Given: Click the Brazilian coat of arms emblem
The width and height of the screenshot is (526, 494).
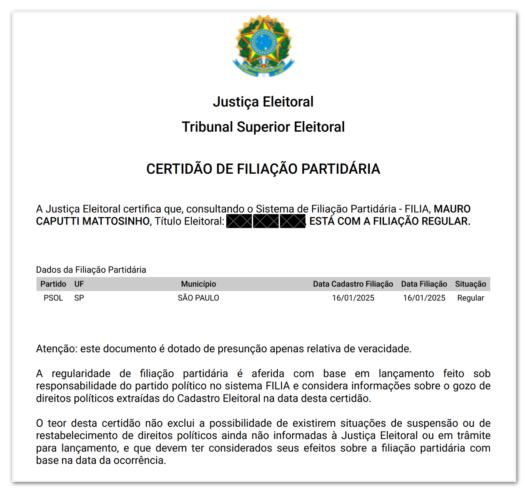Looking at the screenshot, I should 263,46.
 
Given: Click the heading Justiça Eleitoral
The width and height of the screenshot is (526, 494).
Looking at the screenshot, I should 263,102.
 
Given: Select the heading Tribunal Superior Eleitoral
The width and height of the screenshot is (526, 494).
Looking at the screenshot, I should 263,127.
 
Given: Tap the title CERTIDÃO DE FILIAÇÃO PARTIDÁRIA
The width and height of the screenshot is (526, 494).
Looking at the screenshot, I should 263,169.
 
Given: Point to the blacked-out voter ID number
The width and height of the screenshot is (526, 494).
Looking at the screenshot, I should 266,221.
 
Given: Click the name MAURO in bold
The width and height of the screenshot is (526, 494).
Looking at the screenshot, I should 452,209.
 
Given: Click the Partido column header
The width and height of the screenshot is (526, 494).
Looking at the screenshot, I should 53,284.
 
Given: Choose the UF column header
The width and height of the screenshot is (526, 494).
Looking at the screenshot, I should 79,284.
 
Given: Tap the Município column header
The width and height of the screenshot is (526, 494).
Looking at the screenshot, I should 198,284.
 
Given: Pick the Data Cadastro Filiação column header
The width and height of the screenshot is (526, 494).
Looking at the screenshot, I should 353,284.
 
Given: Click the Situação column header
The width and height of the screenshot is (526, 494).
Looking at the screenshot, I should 470,284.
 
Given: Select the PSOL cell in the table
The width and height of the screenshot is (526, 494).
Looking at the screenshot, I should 53,298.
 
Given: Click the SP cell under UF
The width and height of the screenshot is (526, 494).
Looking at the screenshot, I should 79,298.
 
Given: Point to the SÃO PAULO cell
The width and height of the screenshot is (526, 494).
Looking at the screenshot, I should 198,298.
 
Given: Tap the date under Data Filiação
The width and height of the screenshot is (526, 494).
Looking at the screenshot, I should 424,298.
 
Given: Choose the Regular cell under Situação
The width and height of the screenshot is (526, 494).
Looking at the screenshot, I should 470,298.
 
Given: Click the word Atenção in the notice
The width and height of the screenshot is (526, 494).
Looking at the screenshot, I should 56,349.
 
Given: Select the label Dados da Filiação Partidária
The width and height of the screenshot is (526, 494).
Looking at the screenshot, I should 91,270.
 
